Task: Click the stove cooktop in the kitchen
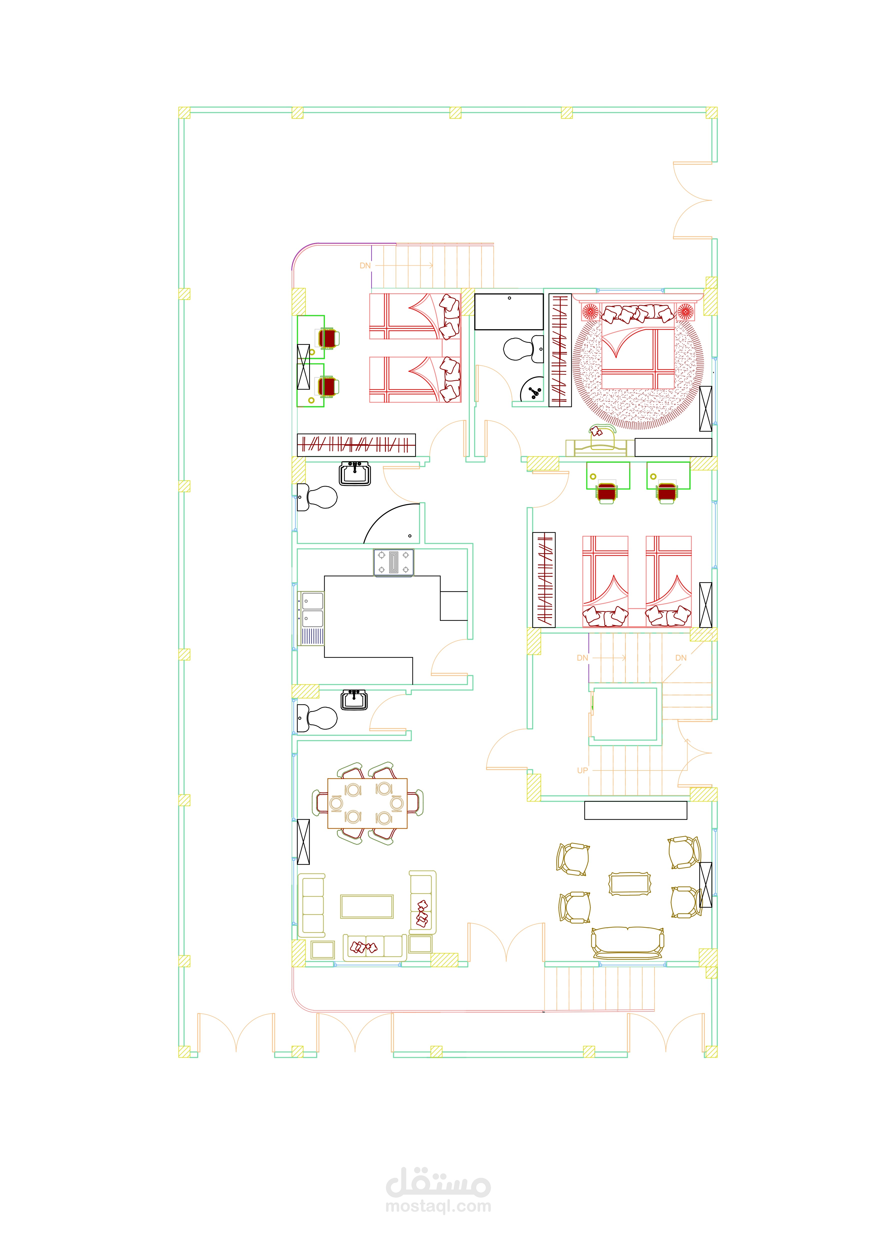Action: [393, 563]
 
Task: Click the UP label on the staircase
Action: [582, 770]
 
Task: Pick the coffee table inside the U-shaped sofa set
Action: [367, 906]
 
